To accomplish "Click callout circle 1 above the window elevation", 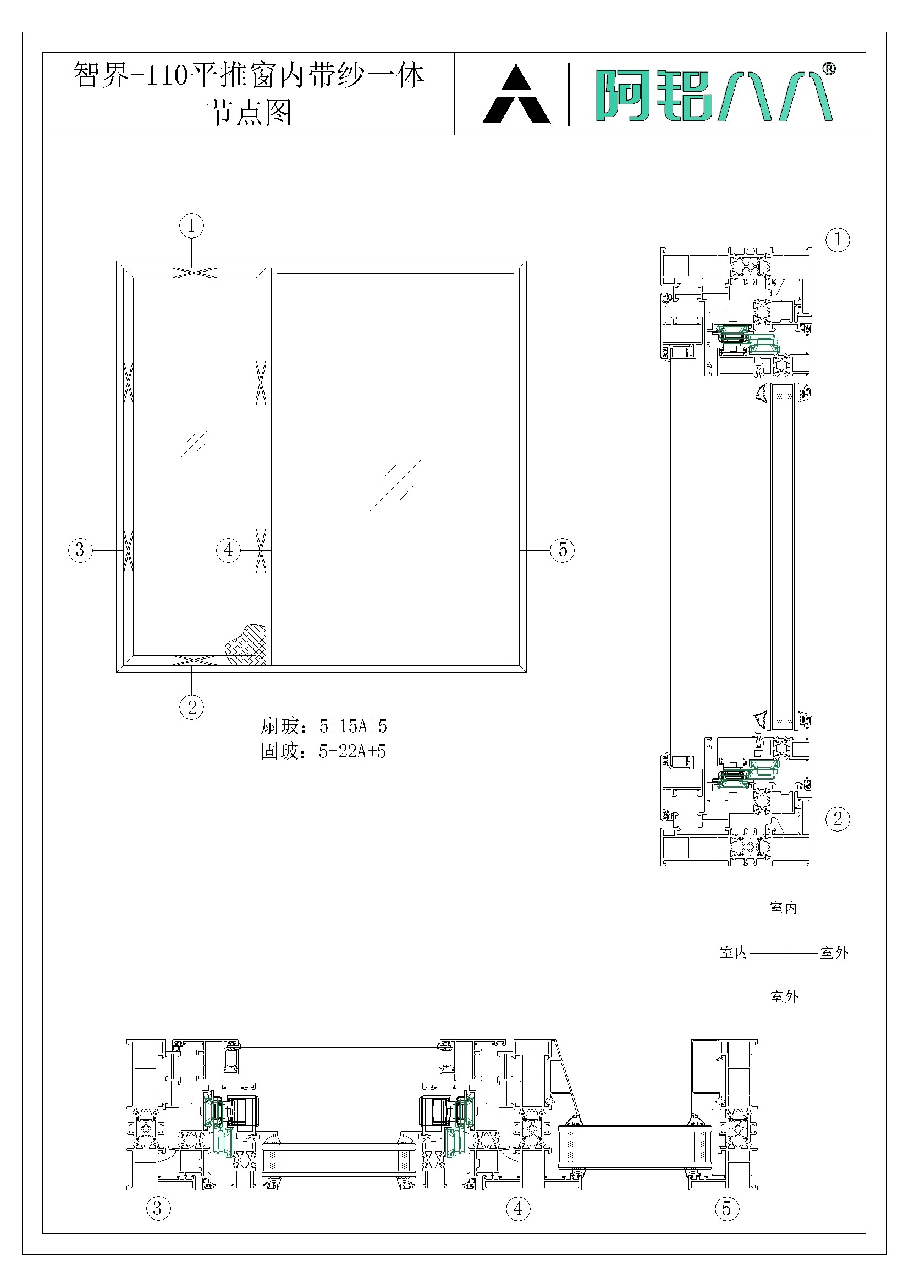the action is coord(191,226).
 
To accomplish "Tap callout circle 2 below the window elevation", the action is coord(191,708).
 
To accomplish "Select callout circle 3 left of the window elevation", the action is coord(80,550).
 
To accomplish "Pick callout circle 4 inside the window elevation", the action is coord(229,550).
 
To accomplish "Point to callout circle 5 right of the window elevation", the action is coord(563,550).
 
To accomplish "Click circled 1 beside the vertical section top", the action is coord(838,240).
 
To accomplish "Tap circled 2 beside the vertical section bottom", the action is coord(838,819).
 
